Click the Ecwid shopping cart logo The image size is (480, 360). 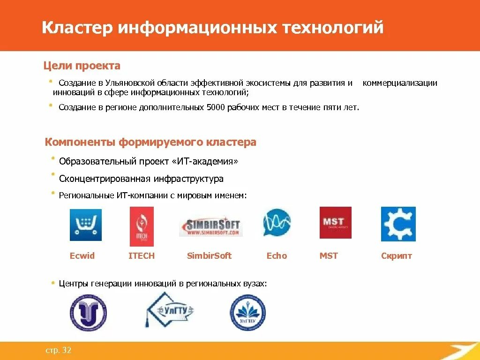(85, 225)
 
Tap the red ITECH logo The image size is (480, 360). (142, 226)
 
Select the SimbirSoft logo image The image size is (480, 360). (210, 225)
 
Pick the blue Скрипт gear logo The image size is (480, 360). (398, 224)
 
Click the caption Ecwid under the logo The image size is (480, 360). (82, 256)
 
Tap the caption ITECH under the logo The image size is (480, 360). (142, 256)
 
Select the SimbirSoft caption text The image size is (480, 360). (209, 256)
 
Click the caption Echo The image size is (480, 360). (277, 256)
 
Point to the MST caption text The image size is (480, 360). (329, 256)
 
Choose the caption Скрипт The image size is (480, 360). (397, 256)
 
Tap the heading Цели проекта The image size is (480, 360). (82, 66)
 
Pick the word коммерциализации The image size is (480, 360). (400, 83)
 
